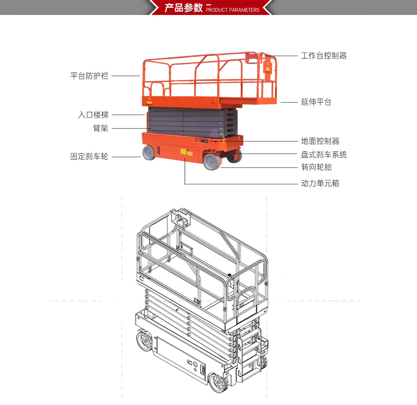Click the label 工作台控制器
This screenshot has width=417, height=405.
[324, 56]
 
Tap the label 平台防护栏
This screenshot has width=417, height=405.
[89, 76]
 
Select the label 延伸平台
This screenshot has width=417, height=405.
[316, 102]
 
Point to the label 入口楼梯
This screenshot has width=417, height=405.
[93, 115]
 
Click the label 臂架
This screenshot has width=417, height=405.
[101, 128]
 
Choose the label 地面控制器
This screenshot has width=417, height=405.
[320, 141]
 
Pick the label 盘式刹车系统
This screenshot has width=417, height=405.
[324, 155]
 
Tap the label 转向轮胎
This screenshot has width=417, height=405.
[316, 167]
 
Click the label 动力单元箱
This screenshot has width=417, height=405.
[320, 183]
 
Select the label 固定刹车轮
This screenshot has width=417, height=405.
[89, 156]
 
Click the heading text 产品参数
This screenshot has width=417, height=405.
[184, 8]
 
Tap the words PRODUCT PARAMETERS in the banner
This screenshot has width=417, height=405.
[232, 10]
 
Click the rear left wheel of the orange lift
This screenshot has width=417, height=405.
[149, 153]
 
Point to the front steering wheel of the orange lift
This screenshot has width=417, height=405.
[212, 161]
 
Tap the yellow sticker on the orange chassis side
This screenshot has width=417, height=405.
[183, 152]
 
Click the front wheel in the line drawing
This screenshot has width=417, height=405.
[218, 382]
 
